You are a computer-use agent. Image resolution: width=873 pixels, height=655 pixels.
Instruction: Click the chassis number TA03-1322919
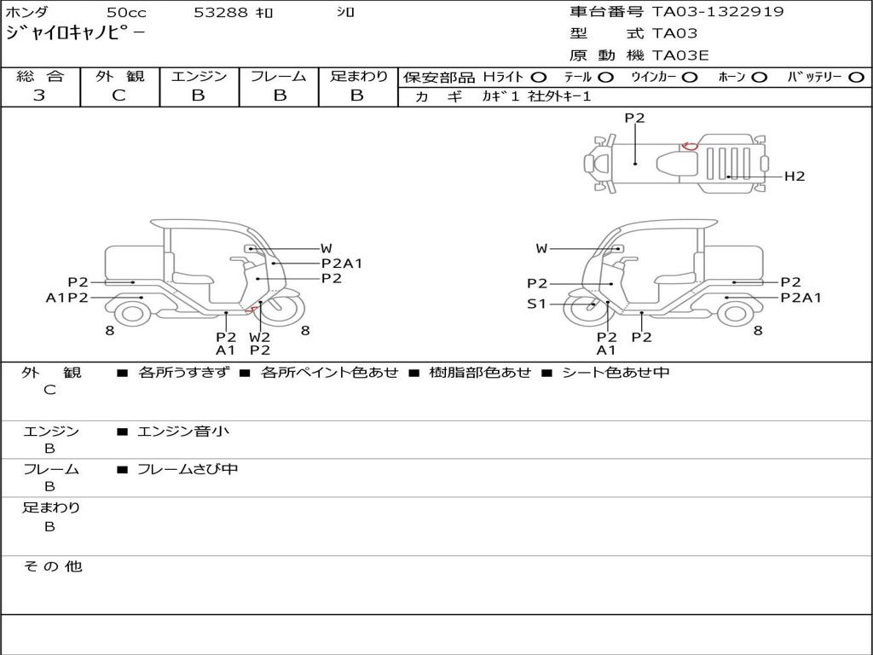pos(718,12)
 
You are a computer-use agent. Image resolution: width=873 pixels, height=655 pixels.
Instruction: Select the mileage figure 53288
pos(221,12)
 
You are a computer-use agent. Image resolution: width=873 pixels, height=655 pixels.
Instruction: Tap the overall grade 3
pos(39,96)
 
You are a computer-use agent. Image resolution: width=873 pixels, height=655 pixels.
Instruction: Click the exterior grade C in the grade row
pos(119,96)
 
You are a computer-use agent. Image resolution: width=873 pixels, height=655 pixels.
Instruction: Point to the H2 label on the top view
pos(795,177)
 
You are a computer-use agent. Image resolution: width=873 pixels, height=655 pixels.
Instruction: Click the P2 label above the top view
pos(634,118)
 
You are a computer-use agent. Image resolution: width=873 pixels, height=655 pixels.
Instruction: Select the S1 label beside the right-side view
pos(537,304)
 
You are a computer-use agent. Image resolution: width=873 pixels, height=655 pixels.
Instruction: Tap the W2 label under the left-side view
pos(259,337)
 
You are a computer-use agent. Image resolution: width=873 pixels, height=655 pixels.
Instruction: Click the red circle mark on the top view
pos(690,146)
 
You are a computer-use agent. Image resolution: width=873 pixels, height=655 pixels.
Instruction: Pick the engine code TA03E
pos(680,55)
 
